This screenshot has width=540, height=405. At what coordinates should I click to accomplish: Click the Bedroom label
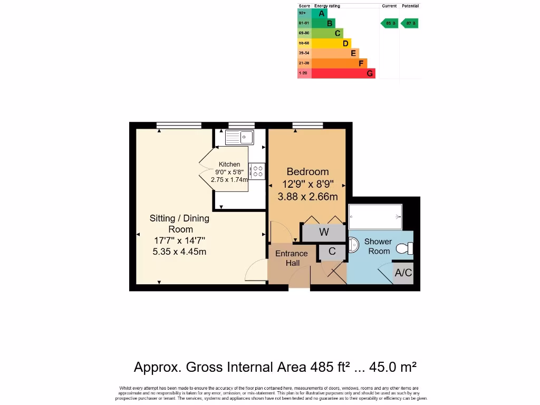[307, 171]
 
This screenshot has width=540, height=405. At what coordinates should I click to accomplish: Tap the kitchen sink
[239, 138]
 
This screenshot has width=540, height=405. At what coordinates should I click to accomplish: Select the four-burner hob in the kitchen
[258, 171]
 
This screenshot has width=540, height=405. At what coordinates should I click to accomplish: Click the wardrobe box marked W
[324, 232]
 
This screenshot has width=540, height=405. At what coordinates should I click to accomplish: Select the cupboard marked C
[332, 252]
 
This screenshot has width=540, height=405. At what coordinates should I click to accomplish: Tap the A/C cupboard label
[403, 273]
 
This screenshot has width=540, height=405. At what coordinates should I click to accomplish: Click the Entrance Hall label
[292, 258]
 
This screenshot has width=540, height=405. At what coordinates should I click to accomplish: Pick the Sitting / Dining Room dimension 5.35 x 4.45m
[179, 252]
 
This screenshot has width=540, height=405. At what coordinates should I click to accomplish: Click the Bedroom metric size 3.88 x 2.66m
[307, 197]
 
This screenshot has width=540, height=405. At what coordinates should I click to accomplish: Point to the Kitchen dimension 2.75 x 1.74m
[229, 179]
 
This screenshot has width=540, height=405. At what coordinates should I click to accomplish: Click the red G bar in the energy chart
[343, 73]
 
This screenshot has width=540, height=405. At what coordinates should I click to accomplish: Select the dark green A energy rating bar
[320, 13]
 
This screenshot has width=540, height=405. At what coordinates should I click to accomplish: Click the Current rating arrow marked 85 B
[390, 23]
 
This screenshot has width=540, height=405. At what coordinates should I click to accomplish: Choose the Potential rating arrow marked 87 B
[410, 23]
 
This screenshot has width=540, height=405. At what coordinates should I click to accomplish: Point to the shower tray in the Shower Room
[375, 217]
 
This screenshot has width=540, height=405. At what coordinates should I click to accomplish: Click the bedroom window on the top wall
[307, 126]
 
